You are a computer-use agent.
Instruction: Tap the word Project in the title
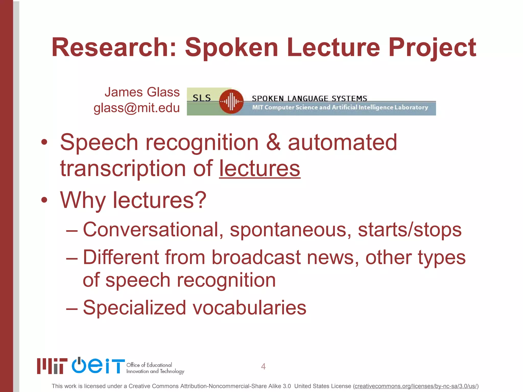pos(432,48)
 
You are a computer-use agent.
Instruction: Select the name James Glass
pos(142,92)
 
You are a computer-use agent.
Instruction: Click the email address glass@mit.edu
pos(137,108)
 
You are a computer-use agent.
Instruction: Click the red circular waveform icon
pos(231,102)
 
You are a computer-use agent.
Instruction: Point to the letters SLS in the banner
pos(202,98)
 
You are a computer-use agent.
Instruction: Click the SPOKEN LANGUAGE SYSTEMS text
pos(309,98)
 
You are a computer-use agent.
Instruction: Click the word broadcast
pos(256,257)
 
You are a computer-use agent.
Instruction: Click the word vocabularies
pos(249,308)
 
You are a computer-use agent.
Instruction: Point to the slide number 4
pos(263,366)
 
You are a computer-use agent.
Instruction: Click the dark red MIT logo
pos(52,366)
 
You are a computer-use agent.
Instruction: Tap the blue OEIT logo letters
pos(98,366)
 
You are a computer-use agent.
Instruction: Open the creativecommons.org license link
pos(416,386)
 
